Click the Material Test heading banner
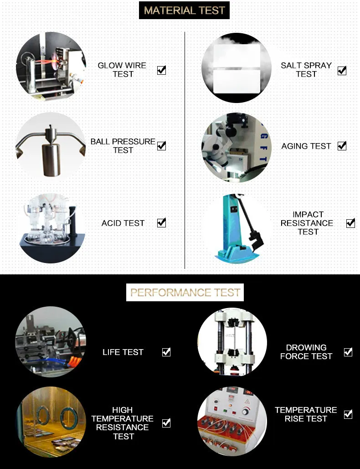[184, 10]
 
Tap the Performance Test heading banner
[185, 292]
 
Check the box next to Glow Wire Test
[161, 70]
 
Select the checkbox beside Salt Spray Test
[342, 71]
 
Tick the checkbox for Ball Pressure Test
[161, 146]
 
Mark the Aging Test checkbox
[342, 146]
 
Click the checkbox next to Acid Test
[161, 222]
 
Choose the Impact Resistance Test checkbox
[350, 223]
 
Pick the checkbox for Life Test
[166, 352]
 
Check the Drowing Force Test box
[348, 352]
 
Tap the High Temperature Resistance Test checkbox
[166, 423]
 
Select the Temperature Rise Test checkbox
[348, 414]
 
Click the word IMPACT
[308, 215]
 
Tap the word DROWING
[306, 348]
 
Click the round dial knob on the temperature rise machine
[246, 411]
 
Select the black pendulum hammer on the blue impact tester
[249, 222]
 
